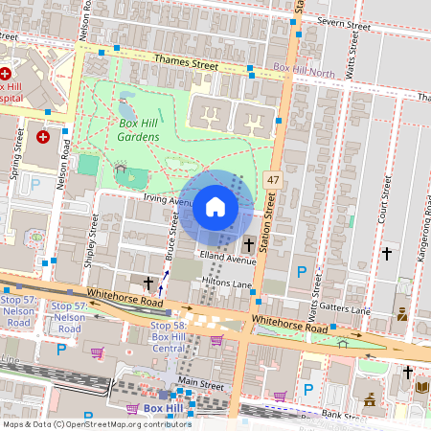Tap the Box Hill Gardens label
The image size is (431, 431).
point(139,130)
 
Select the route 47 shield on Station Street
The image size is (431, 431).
point(273,179)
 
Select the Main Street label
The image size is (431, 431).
point(201,384)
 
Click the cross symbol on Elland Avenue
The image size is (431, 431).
point(248,245)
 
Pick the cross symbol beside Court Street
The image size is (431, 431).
point(387,254)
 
